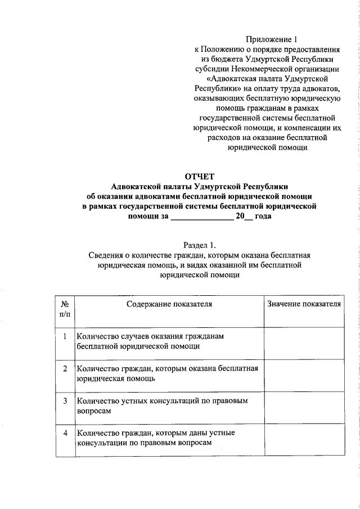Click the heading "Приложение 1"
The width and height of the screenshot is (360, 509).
(271, 39)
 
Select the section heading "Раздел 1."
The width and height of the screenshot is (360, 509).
(199, 245)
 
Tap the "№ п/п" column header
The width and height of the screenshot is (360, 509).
(64, 309)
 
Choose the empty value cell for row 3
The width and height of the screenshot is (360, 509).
(304, 408)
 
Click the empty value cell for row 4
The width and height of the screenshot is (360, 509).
(304, 440)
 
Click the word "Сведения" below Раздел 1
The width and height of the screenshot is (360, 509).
(105, 255)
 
